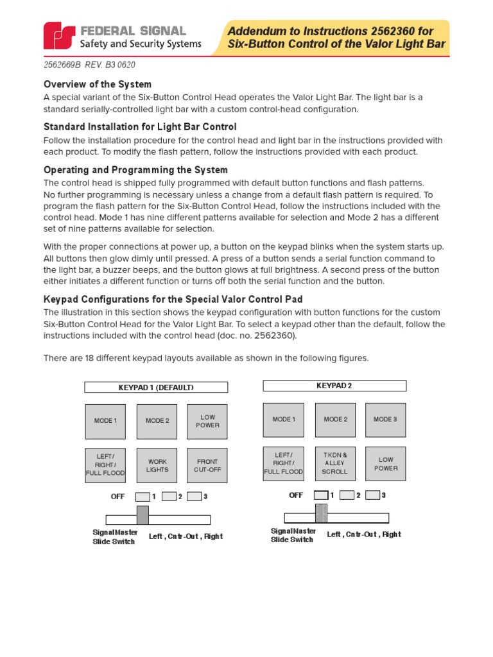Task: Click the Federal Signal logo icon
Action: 58,37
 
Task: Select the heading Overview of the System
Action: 97,84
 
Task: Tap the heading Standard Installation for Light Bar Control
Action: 140,127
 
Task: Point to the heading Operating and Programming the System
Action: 135,170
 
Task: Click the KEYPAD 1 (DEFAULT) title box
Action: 156,387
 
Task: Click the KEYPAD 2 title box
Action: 334,386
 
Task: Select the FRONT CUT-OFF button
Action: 207,465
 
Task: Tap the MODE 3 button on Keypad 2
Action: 385,420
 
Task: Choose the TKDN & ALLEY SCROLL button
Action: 334,463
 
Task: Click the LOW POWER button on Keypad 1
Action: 207,421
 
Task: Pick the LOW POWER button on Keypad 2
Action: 385,464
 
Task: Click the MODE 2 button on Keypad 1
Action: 157,421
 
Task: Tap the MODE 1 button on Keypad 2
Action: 284,420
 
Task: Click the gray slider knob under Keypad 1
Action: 143,515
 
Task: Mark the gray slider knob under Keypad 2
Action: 321,513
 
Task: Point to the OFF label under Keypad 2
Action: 296,495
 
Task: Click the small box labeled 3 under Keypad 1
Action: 195,496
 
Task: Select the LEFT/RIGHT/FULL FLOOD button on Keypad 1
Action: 105,465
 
